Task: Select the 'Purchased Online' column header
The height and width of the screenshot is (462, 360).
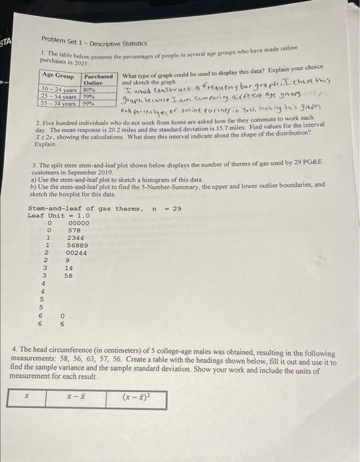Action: (x=99, y=79)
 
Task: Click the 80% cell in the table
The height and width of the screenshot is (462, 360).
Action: (x=90, y=90)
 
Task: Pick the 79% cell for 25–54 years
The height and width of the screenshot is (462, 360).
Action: (x=90, y=96)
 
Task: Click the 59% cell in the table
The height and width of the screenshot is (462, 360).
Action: (x=90, y=104)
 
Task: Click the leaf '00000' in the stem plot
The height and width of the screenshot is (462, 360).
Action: (x=78, y=223)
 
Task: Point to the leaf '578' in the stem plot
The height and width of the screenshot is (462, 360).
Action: (x=73, y=230)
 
